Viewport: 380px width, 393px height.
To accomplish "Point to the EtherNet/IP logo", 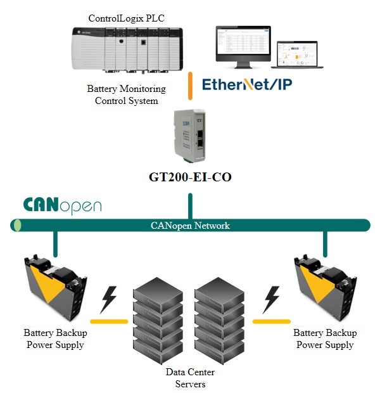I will point(247,84).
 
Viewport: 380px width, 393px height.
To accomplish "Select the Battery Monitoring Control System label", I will point(126,95).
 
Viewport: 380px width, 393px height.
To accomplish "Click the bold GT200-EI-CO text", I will point(190,177).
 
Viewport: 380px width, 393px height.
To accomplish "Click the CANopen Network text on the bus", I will point(190,226).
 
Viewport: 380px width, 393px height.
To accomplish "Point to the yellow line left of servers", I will point(108,321).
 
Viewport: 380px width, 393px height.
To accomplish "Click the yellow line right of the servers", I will point(270,321).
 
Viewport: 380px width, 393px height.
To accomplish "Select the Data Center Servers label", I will point(190,378).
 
